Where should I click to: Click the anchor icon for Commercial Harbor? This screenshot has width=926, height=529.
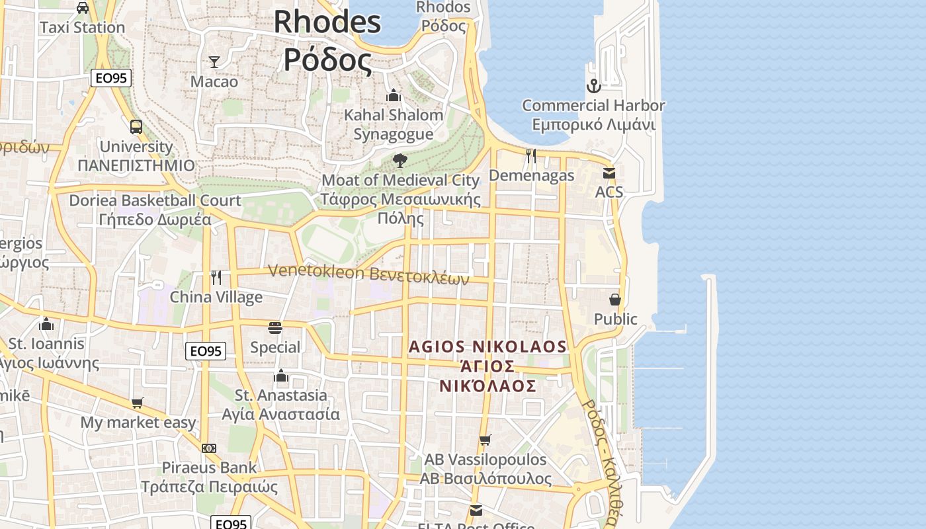point(593,86)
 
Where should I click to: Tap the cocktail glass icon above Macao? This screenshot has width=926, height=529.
point(214,62)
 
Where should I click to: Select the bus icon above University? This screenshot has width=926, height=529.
point(136,127)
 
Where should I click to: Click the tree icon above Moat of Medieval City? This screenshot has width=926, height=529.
point(400,160)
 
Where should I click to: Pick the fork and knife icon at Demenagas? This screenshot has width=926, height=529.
point(531,156)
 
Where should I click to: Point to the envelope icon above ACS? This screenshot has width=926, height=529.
point(609,173)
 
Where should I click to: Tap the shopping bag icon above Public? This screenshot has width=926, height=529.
point(615,300)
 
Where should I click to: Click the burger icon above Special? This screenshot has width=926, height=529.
point(275,328)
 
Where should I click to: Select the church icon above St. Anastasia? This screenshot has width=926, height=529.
point(281,376)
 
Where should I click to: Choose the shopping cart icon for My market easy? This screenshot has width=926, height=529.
point(138,403)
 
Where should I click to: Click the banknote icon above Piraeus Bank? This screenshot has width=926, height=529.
point(209,448)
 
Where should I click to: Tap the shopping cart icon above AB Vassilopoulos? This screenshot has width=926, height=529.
point(485,440)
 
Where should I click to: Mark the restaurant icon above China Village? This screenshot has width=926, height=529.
point(216,277)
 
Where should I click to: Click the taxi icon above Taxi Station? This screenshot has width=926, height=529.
point(83,8)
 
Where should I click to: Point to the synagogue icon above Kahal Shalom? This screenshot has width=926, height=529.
point(394,95)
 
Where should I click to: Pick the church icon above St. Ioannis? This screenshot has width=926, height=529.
point(46,324)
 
